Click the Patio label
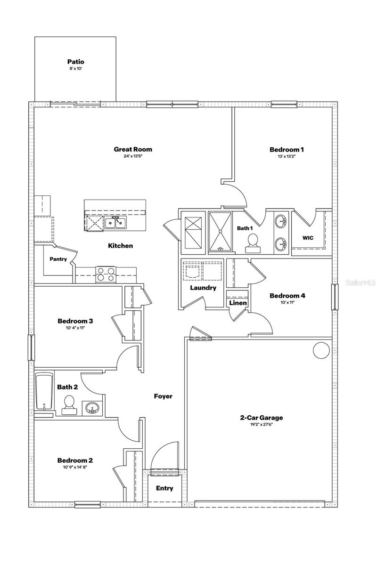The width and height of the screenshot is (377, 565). click(x=75, y=62)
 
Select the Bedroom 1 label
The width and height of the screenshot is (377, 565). click(x=287, y=150)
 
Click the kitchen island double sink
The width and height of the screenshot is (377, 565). click(x=115, y=222)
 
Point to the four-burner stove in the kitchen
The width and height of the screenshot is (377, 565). click(x=106, y=274)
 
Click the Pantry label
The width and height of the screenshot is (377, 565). click(x=58, y=259)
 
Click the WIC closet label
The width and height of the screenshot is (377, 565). click(x=308, y=238)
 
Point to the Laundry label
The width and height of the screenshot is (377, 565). click(x=203, y=288)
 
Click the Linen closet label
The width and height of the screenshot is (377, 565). click(x=238, y=303)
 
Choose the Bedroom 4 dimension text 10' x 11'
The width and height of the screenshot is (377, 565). click(x=287, y=302)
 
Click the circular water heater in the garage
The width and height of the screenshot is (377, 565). click(x=321, y=350)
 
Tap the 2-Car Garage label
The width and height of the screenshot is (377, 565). click(x=262, y=417)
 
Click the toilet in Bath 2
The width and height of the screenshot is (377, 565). click(x=69, y=404)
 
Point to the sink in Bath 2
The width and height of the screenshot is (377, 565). click(x=91, y=408)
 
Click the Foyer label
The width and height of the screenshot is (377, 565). click(x=163, y=396)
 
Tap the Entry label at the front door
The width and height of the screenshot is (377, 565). click(x=164, y=488)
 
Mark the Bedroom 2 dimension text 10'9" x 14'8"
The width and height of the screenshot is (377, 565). click(x=75, y=467)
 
